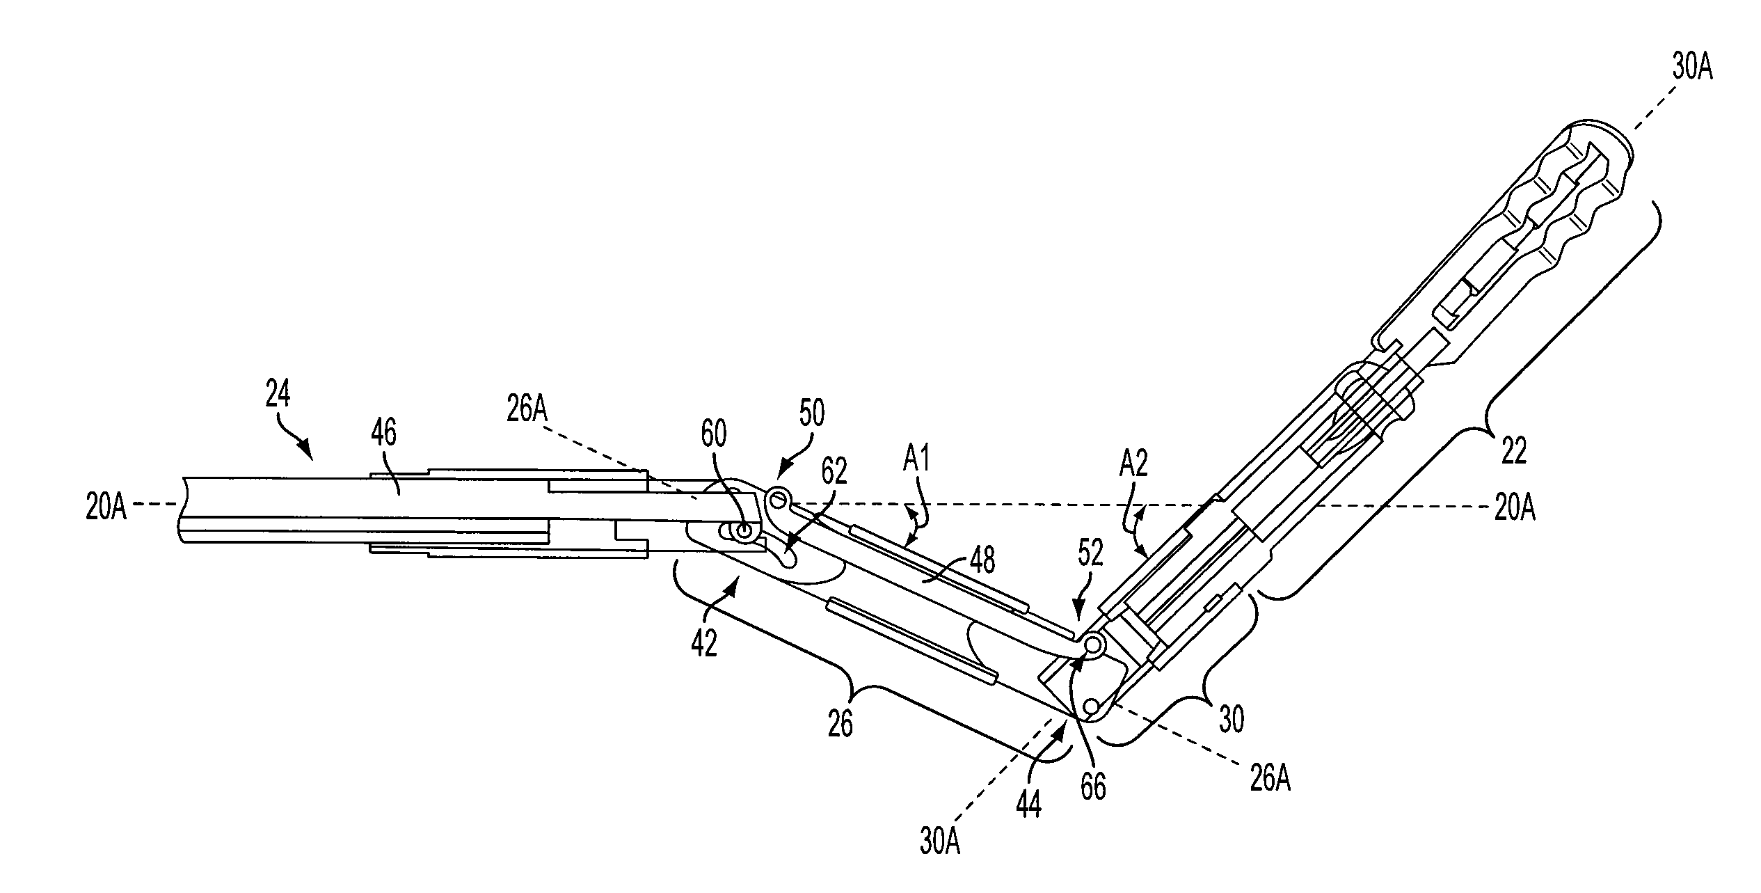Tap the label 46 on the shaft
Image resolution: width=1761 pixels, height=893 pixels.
coord(384,434)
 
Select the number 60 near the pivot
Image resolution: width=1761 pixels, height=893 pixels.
coord(712,434)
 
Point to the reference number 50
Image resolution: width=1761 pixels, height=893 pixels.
coord(811,413)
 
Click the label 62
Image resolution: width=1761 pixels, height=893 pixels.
coord(834,472)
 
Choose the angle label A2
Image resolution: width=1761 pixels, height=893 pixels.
coord(1133,464)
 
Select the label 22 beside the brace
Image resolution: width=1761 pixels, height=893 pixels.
coord(1514,452)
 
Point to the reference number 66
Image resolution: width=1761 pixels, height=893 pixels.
coord(1093,789)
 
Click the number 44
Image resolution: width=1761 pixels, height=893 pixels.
coord(1028,806)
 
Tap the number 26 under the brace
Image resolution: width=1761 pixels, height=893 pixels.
coord(840,725)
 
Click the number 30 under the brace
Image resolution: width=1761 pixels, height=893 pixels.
coord(1232,720)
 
